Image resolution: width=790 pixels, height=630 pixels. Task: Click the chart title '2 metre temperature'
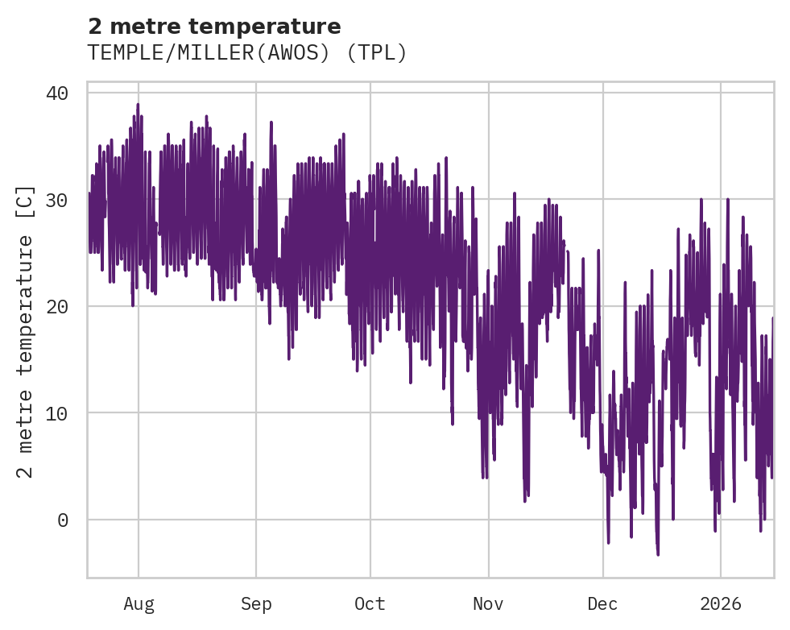(x=214, y=27)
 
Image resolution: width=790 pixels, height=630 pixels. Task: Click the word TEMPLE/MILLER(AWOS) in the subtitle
(x=213, y=53)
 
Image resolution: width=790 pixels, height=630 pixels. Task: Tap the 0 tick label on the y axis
(x=63, y=520)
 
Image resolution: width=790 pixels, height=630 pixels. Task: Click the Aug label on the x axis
(x=139, y=604)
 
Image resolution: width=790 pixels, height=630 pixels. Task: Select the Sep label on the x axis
(x=256, y=604)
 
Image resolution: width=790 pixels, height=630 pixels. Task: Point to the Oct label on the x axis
(x=370, y=604)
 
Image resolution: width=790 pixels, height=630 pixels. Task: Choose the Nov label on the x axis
(x=488, y=604)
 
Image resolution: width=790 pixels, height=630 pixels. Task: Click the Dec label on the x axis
(x=602, y=604)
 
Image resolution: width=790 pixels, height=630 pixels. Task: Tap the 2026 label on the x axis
(x=720, y=604)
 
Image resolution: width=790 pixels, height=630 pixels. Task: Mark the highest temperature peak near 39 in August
(x=138, y=104)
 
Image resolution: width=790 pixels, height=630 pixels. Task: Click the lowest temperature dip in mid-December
(x=658, y=554)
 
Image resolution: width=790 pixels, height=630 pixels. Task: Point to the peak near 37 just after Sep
(x=271, y=122)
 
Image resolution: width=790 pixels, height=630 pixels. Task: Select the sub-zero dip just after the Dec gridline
(x=608, y=543)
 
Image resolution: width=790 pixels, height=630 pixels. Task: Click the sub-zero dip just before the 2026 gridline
(x=715, y=531)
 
